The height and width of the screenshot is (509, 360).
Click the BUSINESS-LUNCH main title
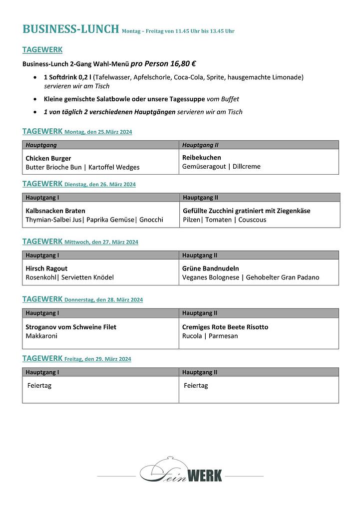click(70, 29)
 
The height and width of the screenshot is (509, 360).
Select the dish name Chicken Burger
click(48, 158)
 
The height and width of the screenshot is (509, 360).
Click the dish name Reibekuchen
click(202, 157)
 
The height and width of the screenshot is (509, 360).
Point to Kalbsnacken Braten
click(55, 211)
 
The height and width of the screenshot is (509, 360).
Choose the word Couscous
click(252, 220)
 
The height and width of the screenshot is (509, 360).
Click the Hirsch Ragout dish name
click(46, 268)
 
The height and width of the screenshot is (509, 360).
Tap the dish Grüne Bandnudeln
click(210, 268)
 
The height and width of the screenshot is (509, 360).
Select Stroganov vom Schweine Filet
click(71, 327)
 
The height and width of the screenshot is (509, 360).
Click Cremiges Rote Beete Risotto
click(225, 327)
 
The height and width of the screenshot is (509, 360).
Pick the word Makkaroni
click(41, 336)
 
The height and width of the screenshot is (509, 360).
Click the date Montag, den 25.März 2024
click(98, 132)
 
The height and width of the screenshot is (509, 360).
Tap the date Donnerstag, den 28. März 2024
click(103, 300)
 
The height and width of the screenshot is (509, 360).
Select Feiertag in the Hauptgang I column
click(39, 385)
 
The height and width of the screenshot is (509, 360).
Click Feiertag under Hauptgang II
click(196, 385)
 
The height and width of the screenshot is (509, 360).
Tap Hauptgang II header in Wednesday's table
click(200, 255)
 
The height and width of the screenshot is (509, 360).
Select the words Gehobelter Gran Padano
click(283, 277)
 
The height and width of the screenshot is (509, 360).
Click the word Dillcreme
click(247, 166)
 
